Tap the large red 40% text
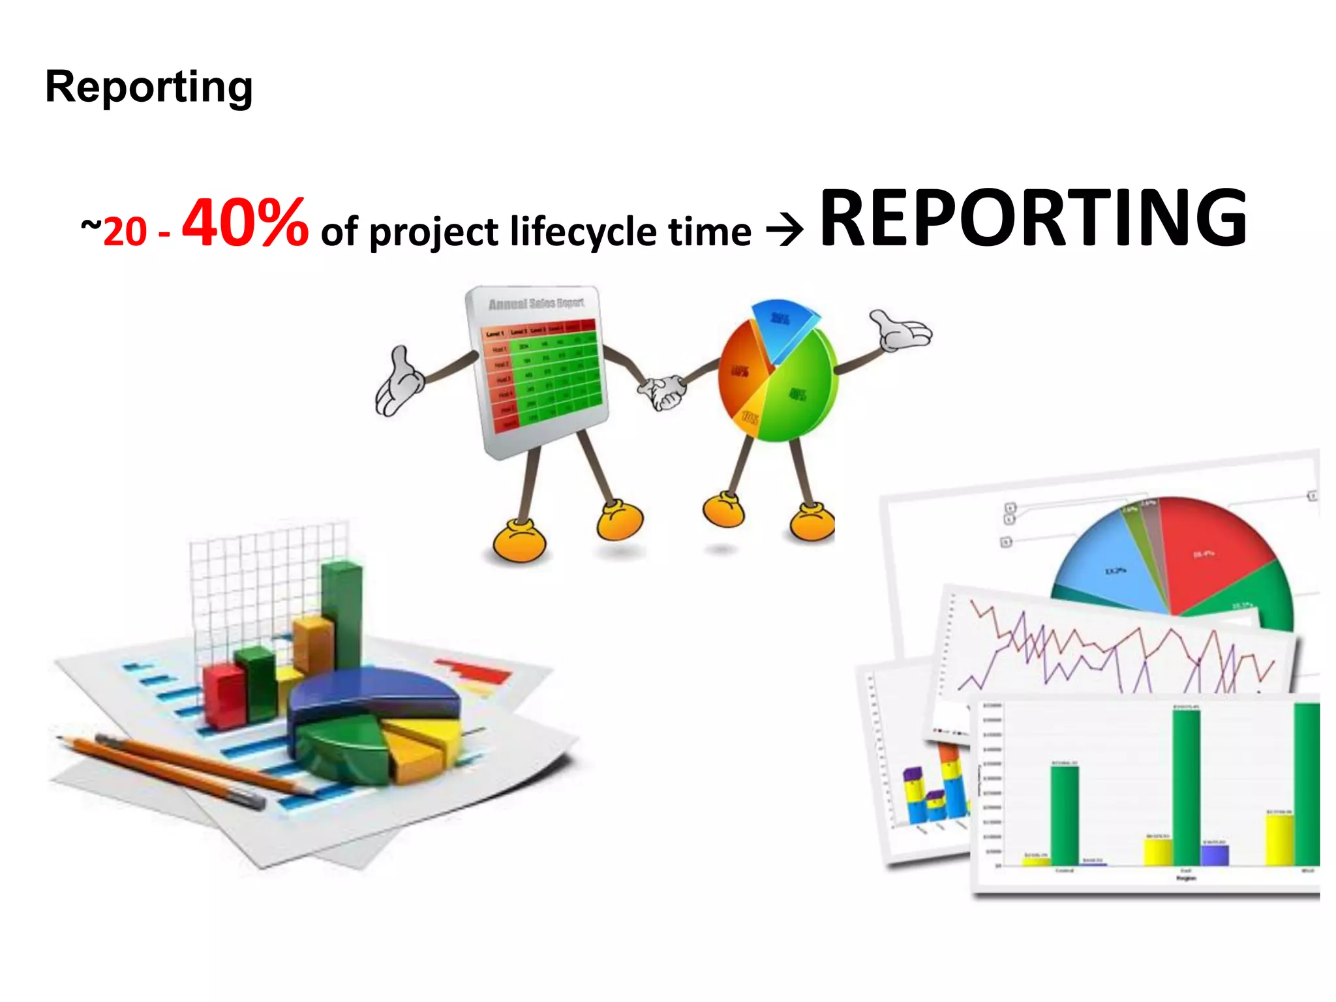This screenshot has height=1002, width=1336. click(245, 223)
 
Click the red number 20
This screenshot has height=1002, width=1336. click(125, 232)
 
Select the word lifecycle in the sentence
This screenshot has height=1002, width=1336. click(583, 232)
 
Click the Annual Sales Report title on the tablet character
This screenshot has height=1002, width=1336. click(536, 303)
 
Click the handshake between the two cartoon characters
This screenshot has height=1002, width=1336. click(662, 392)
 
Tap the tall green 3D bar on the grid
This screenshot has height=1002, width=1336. click(342, 613)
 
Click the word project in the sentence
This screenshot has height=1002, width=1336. click(433, 232)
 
